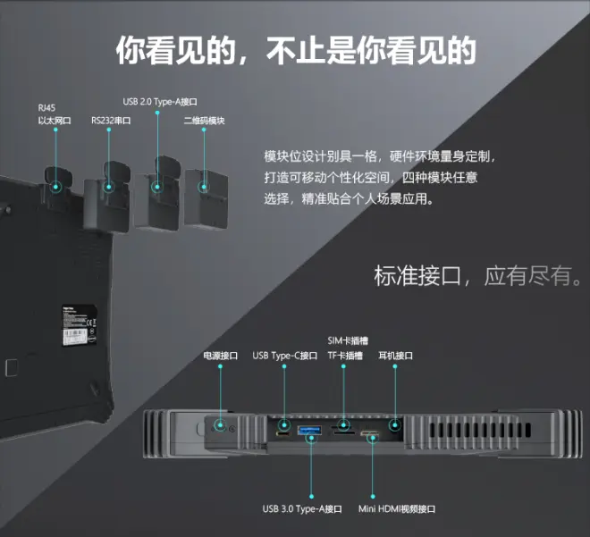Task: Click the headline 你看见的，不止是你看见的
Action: [295, 51]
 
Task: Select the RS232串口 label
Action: [111, 121]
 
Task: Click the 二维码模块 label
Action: [204, 121]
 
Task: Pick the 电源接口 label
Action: [220, 356]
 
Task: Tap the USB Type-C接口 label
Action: [284, 356]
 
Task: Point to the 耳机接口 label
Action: [395, 356]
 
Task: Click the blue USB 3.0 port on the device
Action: [310, 433]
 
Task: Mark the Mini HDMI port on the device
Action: [370, 435]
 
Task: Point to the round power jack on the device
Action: [220, 427]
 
